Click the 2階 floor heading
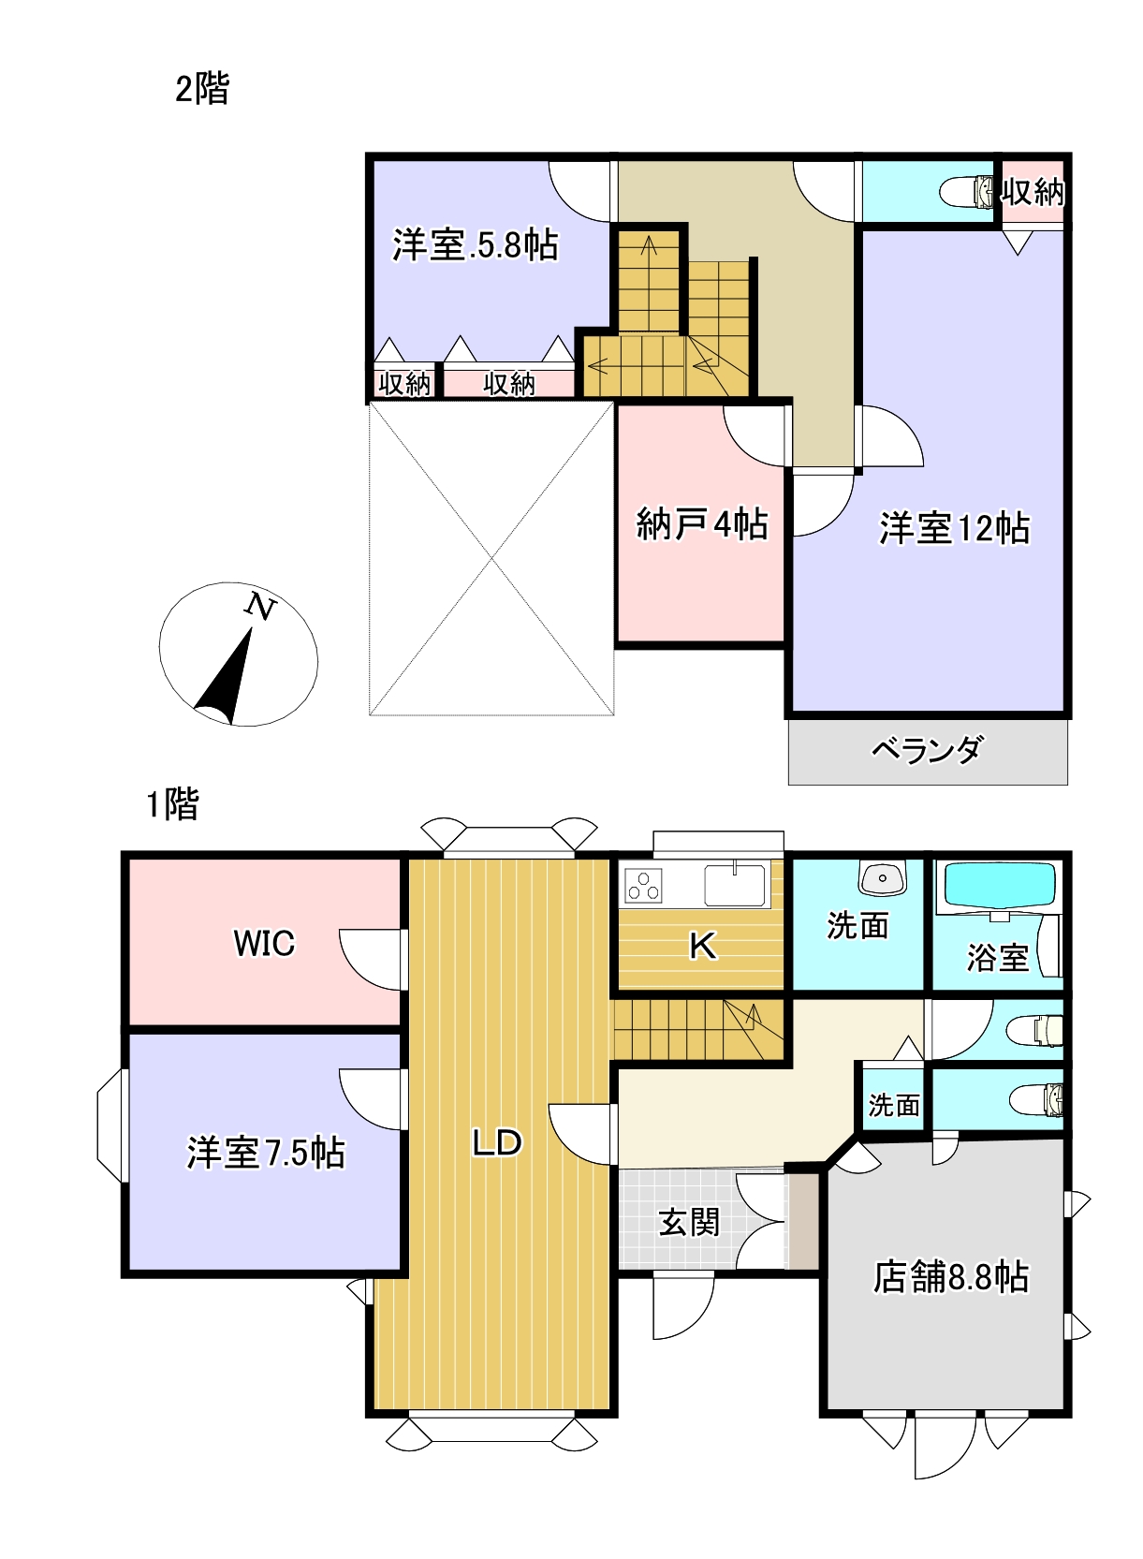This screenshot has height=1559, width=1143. pos(201,89)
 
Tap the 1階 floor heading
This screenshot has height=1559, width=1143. pos(172,803)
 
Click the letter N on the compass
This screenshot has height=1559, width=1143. pos(261,607)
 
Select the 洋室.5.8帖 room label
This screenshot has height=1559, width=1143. pos(475,244)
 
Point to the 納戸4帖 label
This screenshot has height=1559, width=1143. pos(701,523)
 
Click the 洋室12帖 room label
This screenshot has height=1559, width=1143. pos(954,528)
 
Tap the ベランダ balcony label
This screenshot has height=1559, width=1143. pos(927,750)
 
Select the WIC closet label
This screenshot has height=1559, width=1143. pos(264,943)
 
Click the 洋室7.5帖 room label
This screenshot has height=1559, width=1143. pos(266,1152)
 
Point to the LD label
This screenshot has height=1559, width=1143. pos(496,1142)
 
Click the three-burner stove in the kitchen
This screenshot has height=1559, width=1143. pos(644,885)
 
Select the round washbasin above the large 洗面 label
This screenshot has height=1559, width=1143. pos(881,878)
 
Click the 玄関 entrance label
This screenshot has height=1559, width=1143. pos(689,1222)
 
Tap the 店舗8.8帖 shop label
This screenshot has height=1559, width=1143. pos(950,1276)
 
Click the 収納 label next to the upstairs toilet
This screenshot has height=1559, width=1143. pos(1033,192)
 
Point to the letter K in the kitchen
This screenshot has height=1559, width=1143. pos(702,946)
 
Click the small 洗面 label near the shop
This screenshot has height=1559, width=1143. pos(893,1106)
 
